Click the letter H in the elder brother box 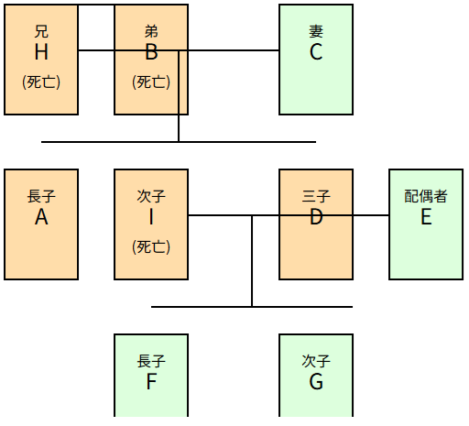[x=41, y=52]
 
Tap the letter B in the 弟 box [x=151, y=52]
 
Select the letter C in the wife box [x=316, y=52]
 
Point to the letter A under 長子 [x=41, y=217]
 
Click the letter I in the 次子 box [x=151, y=217]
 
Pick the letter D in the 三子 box [x=316, y=217]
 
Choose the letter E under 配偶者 [x=426, y=217]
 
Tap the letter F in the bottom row [x=151, y=382]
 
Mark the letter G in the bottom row [x=316, y=382]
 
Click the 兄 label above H [x=41, y=31]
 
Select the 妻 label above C [x=316, y=31]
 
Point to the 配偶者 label [x=426, y=196]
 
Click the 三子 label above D [x=316, y=196]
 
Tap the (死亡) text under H [x=41, y=82]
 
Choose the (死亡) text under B [x=151, y=82]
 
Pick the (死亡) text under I [x=151, y=246]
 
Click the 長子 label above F [x=151, y=361]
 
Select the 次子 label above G [x=316, y=361]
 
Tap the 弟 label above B [x=151, y=31]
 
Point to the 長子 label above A [x=41, y=196]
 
